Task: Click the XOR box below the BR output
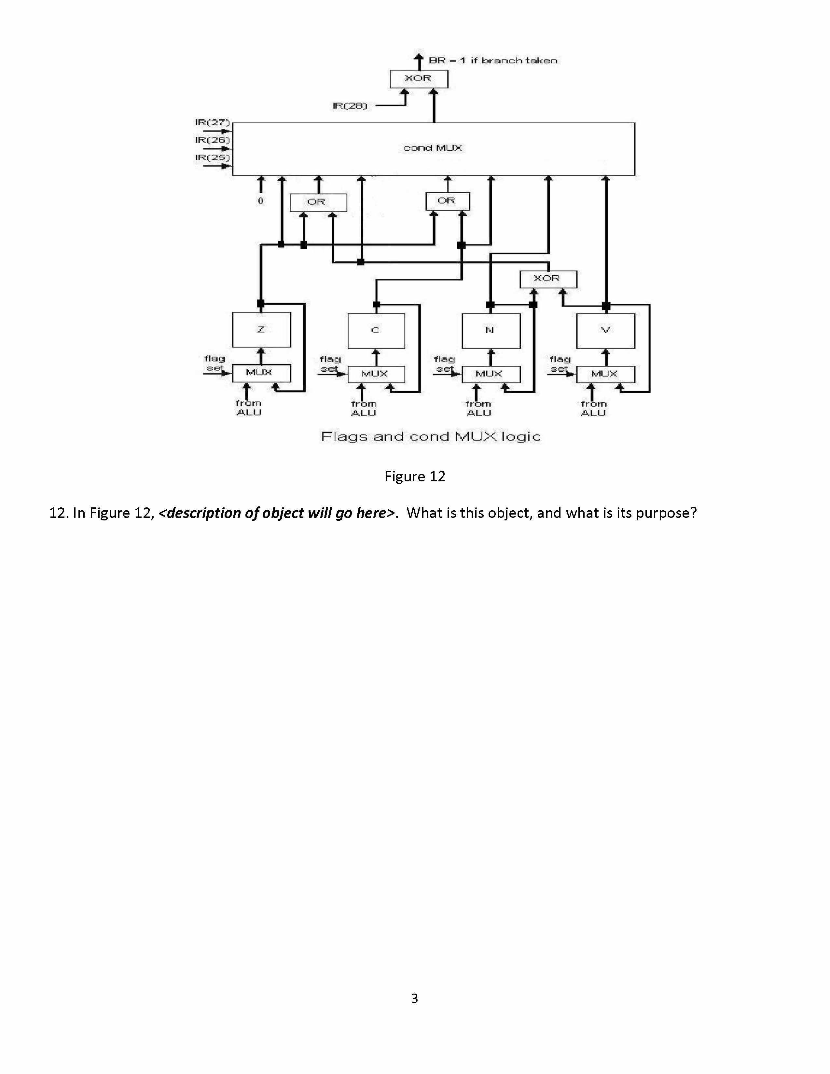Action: [419, 79]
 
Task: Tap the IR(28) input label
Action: [350, 106]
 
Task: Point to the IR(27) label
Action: [212, 122]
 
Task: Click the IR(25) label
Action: [212, 158]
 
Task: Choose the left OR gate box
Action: [318, 202]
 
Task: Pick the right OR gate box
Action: [447, 200]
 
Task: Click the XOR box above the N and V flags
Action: [548, 279]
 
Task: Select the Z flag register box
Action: [261, 329]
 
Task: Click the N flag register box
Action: [491, 330]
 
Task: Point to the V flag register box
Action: [605, 330]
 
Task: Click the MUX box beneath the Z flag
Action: [261, 373]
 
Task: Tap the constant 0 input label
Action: [261, 200]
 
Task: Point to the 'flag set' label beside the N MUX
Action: [445, 364]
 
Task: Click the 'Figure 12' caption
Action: [414, 476]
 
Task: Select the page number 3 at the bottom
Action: [414, 998]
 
